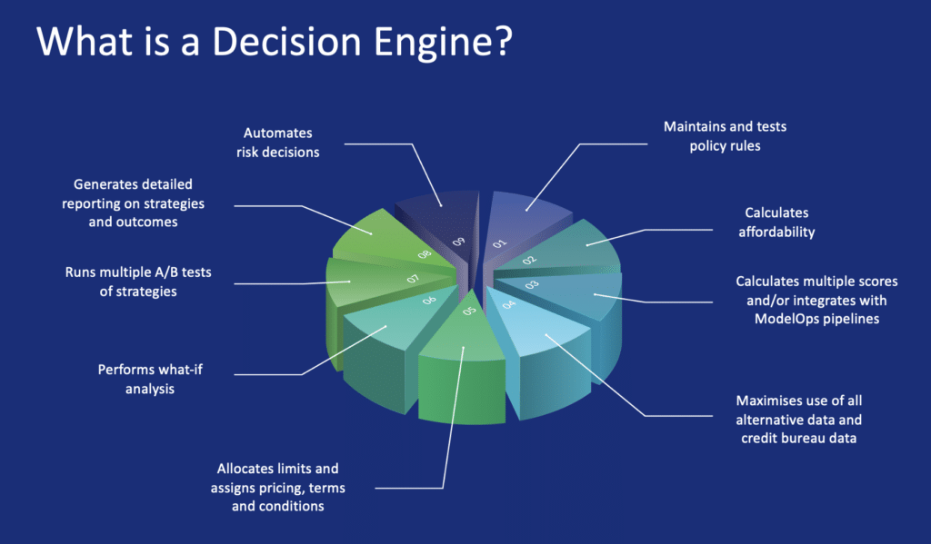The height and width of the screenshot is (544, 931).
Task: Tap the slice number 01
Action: tap(499, 243)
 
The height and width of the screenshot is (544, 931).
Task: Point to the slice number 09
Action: tap(459, 242)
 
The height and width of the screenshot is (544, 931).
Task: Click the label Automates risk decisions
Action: tap(282, 143)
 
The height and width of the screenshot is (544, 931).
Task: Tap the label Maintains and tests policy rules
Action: tap(725, 136)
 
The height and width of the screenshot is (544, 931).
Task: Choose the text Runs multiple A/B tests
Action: tap(137, 272)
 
